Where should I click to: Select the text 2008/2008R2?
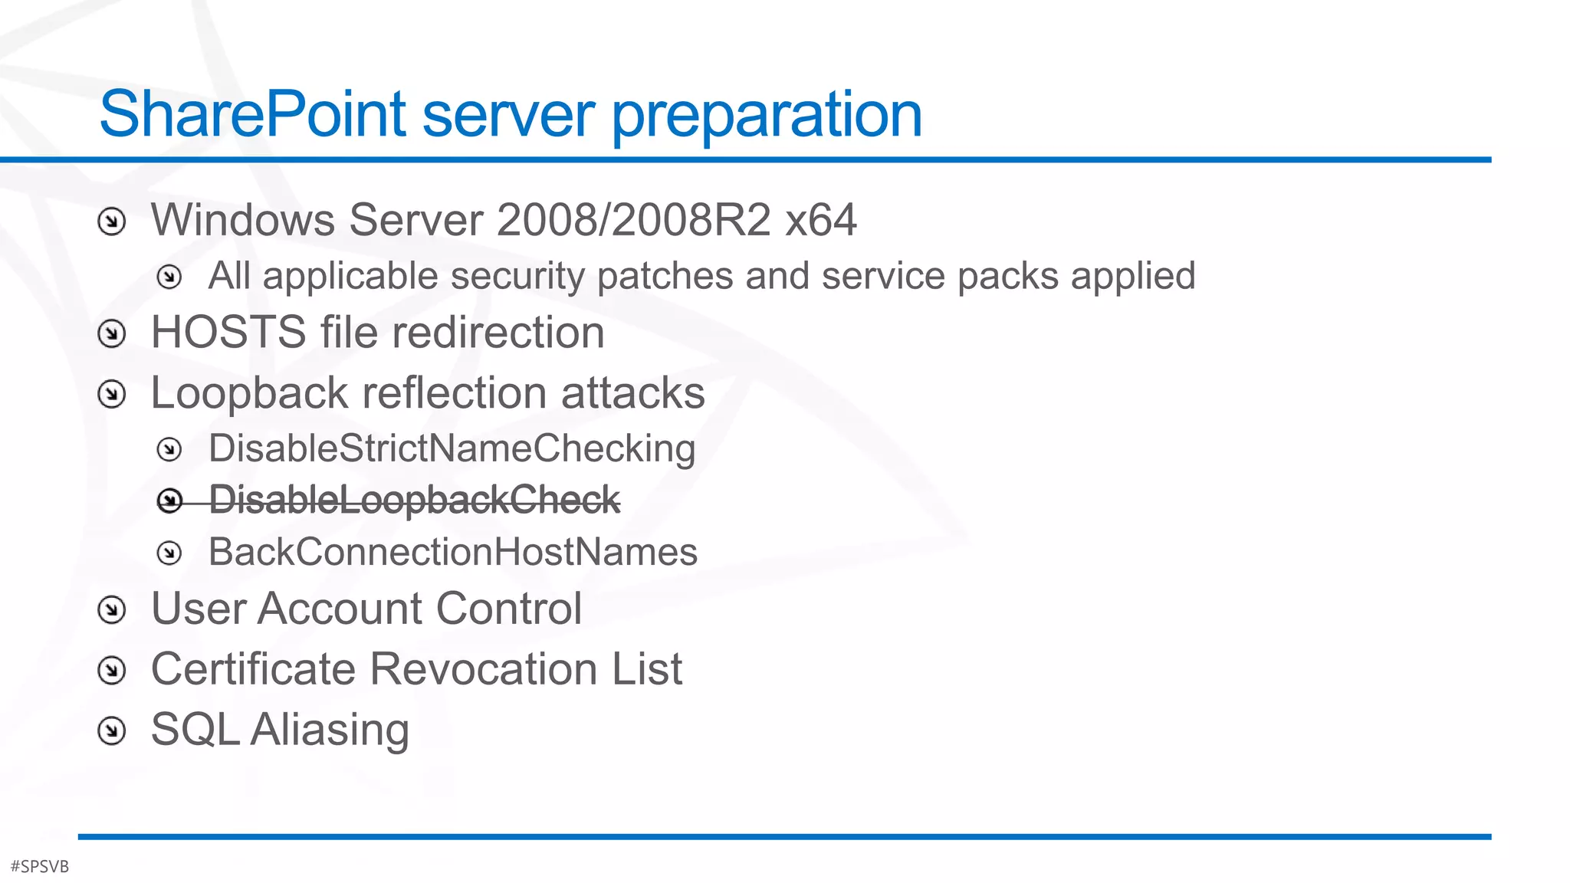(x=634, y=220)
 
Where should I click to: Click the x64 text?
(x=821, y=220)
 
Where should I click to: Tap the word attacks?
(x=632, y=393)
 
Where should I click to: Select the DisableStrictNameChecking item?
(x=452, y=449)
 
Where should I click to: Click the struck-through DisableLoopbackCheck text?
(x=414, y=501)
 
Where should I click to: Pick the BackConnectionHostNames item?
(x=452, y=552)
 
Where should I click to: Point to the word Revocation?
(x=484, y=669)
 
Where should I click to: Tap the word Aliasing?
(x=330, y=730)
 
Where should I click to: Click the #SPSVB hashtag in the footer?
(x=40, y=867)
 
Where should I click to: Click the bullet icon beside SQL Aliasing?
(x=112, y=730)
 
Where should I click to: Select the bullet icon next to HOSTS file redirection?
(x=112, y=333)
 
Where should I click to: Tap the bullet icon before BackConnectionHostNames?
(x=169, y=553)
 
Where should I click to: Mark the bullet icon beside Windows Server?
(x=112, y=222)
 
